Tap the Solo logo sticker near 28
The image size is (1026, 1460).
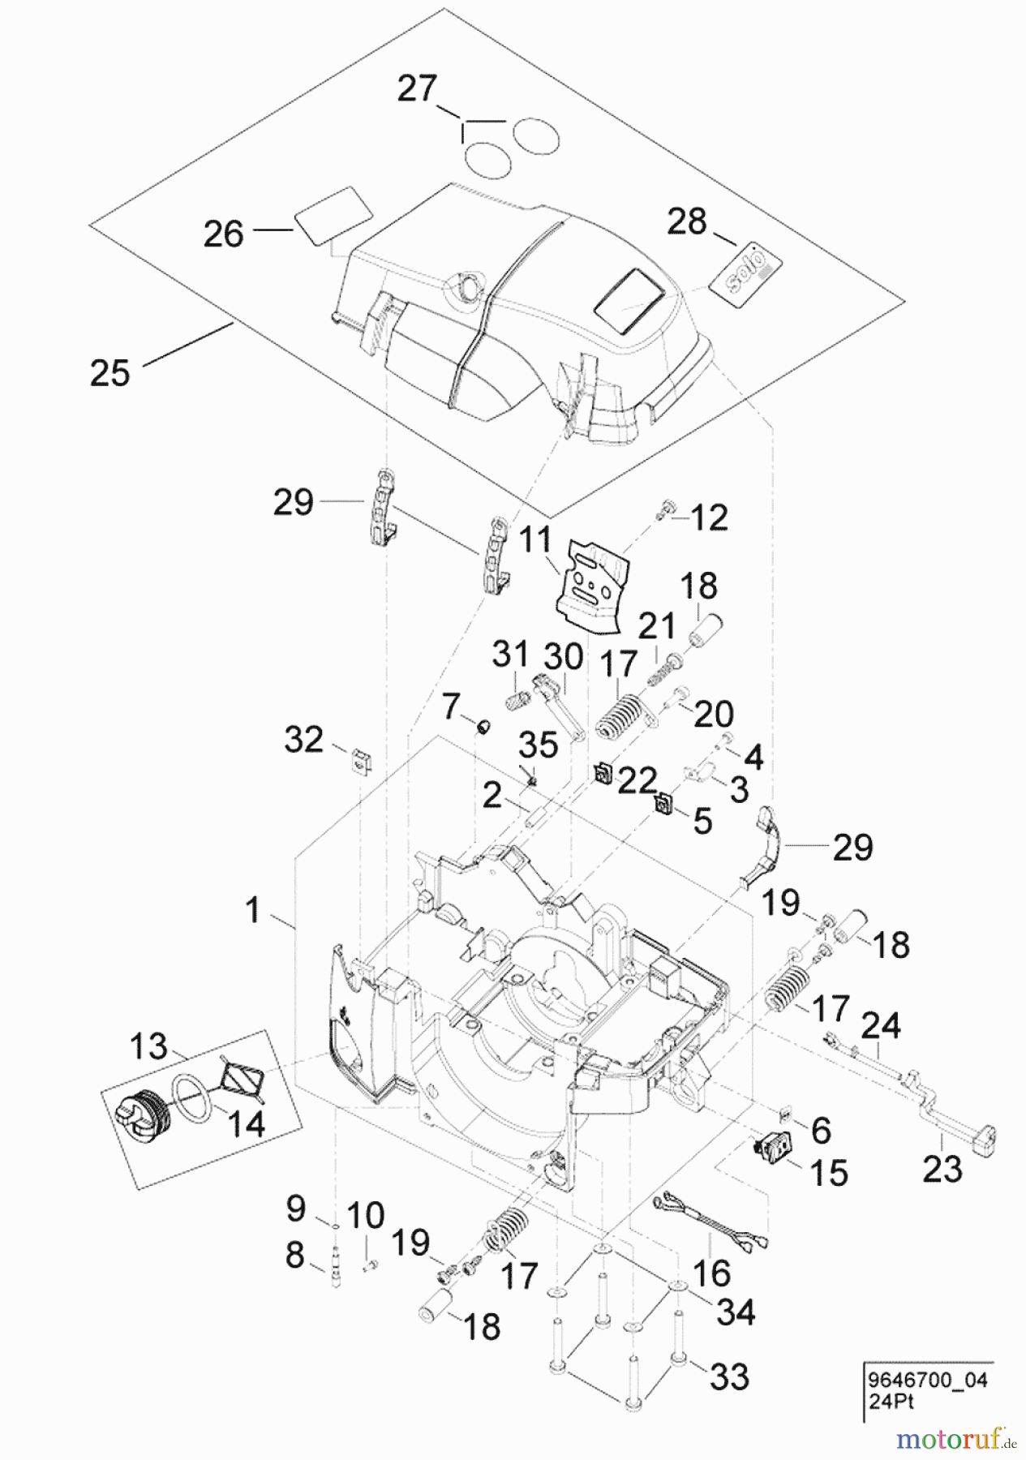tap(747, 271)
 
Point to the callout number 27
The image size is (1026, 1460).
tap(417, 88)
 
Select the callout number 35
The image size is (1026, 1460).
tap(539, 744)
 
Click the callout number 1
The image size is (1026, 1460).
tap(255, 909)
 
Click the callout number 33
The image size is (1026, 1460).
tap(728, 1376)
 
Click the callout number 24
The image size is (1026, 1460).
tap(880, 1025)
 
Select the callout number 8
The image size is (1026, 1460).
tap(294, 1255)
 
